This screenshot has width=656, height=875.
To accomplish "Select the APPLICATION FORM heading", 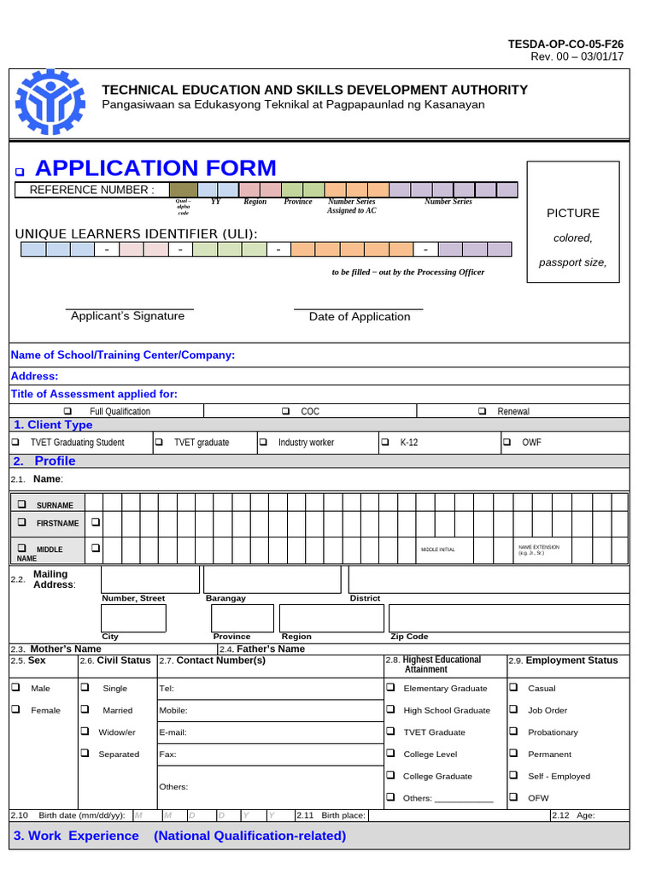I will coord(155,167).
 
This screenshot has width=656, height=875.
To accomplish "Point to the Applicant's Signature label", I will coord(127,316).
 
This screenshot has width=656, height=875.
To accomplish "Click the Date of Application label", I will coord(360,317).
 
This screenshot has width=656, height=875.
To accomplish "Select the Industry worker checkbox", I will coord(263,443).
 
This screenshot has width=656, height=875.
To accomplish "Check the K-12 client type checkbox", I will coord(384,443).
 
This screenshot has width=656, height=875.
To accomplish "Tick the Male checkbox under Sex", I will coord(15,687).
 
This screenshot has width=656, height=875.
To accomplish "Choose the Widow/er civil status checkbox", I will coord(85,731).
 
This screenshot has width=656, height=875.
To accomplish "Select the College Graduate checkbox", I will coord(389,775).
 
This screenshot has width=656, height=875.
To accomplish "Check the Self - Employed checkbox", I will coord(513,775).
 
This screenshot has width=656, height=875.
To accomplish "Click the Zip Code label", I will coord(408,637).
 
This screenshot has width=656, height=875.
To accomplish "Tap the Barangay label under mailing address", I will coord(225,598).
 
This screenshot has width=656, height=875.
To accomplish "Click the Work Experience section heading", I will coord(179,836).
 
